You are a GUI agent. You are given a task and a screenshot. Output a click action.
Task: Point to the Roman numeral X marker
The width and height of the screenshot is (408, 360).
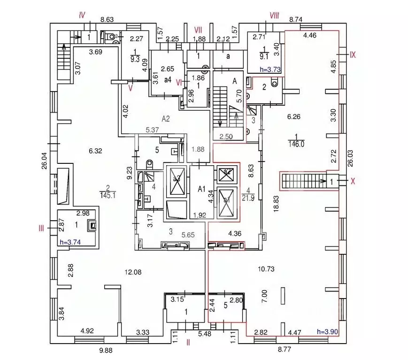tap(353, 181)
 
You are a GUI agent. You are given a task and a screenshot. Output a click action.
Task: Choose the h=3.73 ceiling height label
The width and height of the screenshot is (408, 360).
tap(270, 69)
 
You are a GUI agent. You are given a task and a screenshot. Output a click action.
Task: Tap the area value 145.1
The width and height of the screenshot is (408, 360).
tap(108, 194)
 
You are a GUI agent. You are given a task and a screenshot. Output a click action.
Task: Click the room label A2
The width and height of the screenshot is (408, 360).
tap(165, 119)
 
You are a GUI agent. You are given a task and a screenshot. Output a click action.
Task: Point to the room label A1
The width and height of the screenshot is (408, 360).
tap(202, 189)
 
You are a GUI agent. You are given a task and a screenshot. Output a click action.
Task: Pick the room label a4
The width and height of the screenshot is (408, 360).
tap(167, 80)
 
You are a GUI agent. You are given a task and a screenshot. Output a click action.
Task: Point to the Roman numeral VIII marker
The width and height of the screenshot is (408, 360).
tap(274, 15)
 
